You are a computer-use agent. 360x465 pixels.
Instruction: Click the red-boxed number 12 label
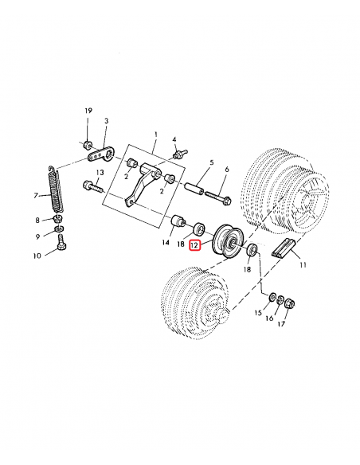point(195,246)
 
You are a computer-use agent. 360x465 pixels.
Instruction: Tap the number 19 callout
point(88,111)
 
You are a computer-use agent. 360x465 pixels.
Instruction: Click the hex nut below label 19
point(86,144)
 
